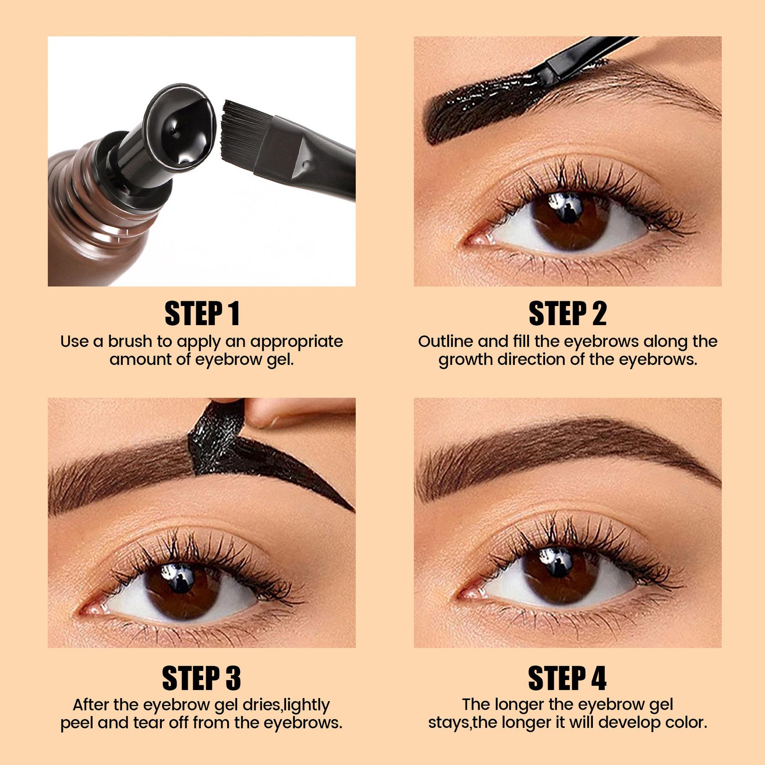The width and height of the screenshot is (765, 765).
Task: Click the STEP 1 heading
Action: [202, 314]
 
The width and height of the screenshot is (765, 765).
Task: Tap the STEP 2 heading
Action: [567, 314]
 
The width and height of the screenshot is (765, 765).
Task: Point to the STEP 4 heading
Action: [567, 678]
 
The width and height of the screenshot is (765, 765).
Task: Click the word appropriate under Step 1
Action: [296, 341]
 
